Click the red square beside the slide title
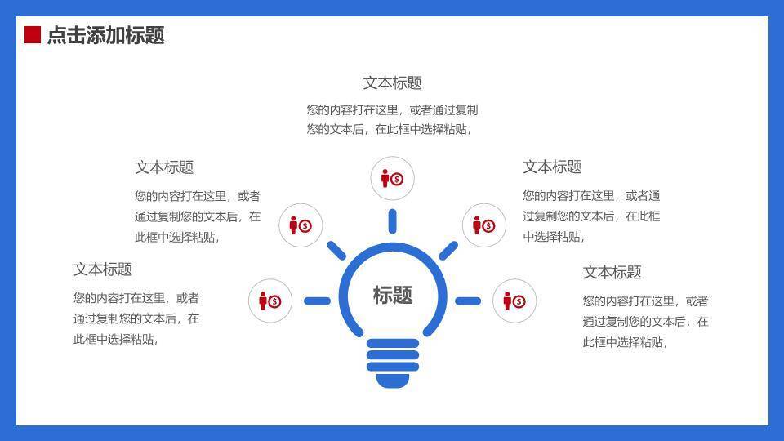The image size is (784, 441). tap(33, 34)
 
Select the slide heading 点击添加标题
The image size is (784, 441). tap(106, 35)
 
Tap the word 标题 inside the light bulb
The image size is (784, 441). tap(392, 295)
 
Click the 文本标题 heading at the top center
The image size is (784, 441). tap(392, 82)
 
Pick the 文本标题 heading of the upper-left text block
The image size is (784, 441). tap(164, 167)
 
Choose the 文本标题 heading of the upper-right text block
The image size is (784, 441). tap(552, 167)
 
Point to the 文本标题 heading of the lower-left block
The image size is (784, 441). tap(103, 269)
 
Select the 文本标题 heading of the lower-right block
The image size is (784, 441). tap(612, 272)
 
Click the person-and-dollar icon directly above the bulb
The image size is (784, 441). tap(392, 179)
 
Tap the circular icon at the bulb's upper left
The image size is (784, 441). tap(301, 225)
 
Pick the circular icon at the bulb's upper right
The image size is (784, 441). tap(484, 225)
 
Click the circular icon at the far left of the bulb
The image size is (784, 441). tap(270, 301)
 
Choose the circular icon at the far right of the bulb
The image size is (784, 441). tap(514, 301)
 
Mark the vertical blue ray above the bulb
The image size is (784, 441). tap(392, 221)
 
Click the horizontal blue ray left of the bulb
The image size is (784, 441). tap(317, 301)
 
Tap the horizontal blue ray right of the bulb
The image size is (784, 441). tap(468, 301)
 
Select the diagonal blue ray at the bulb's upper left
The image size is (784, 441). tap(336, 250)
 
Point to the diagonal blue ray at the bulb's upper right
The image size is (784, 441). tap(448, 250)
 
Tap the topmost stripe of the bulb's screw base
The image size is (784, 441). tap(392, 344)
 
